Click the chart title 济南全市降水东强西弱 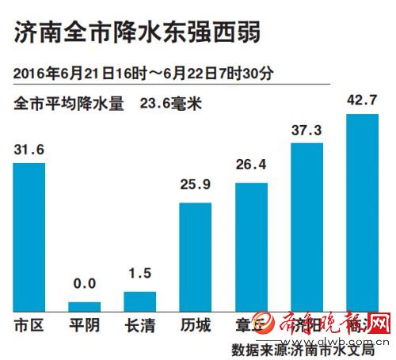coord(135,34)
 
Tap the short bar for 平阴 coord(85,305)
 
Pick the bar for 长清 coord(140,301)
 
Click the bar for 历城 coord(196,256)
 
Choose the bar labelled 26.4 coord(252,246)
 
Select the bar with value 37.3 coord(307,226)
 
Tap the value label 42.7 coord(363,100)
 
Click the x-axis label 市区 coord(29,325)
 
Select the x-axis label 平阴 coord(85,325)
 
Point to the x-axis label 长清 coord(140,325)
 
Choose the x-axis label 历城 coord(196,325)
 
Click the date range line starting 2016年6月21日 coord(143,73)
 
